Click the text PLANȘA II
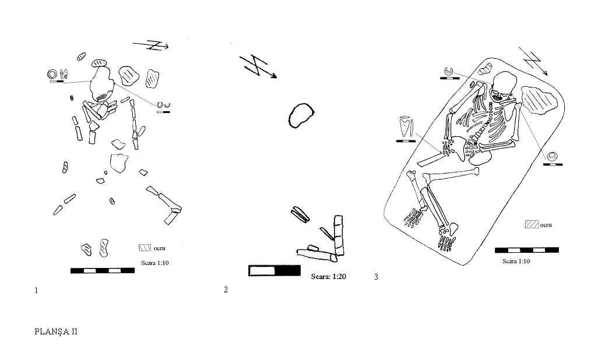[x=56, y=331]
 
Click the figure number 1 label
[x=37, y=290]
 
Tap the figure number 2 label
[x=226, y=290]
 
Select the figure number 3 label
[x=376, y=277]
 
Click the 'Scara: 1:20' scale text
[x=328, y=276]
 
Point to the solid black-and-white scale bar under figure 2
[x=275, y=270]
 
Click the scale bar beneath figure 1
[x=103, y=270]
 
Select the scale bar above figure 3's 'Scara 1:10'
[x=526, y=250]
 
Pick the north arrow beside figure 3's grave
[x=536, y=61]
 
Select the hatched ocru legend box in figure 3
[x=531, y=224]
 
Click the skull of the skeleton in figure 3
[x=504, y=86]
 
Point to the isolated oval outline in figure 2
[x=301, y=115]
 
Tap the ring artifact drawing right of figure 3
[x=553, y=157]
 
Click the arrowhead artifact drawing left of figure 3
[x=403, y=127]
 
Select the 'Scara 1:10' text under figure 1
[x=154, y=263]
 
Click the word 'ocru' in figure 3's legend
[x=546, y=225]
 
